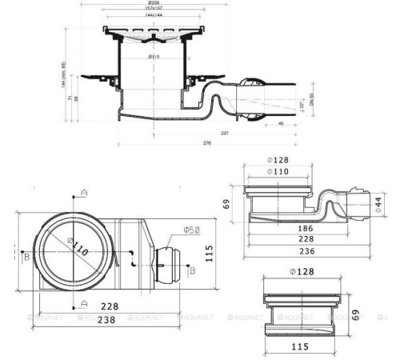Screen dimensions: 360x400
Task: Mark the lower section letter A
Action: tap(84, 303)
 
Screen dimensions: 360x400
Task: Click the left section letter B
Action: tap(27, 257)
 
